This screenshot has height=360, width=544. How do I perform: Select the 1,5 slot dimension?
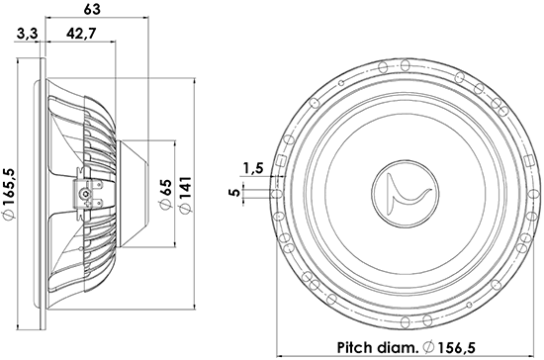[250, 169]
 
